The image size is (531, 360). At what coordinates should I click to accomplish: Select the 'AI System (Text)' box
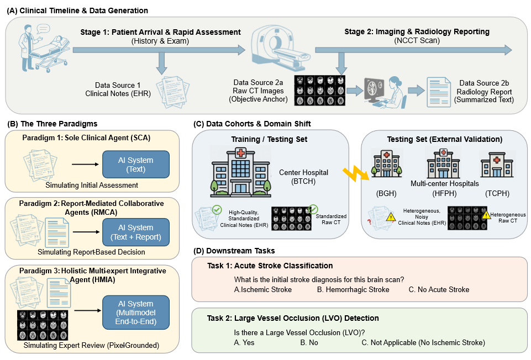(136, 165)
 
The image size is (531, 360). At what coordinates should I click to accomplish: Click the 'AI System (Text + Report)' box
(136, 232)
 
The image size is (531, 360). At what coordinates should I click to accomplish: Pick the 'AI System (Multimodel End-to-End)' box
(136, 313)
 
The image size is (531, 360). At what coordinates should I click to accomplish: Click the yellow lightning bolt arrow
(356, 174)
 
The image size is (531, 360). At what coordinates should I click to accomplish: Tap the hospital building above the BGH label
(386, 164)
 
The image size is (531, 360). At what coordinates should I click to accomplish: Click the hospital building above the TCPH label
(497, 165)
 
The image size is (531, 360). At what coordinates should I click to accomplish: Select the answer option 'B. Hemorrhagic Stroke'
(353, 290)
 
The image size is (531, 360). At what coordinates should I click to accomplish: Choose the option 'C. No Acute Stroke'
(439, 290)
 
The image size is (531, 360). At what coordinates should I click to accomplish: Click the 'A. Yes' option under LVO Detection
(244, 342)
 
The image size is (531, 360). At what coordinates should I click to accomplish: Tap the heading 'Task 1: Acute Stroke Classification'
(270, 266)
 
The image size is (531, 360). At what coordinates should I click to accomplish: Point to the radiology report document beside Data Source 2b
(439, 92)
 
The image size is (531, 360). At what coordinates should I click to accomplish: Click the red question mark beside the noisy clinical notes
(370, 223)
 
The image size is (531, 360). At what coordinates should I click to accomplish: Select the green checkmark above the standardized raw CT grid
(313, 209)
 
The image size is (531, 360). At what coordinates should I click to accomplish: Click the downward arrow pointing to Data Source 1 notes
(161, 63)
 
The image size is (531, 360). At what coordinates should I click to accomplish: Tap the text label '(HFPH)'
(444, 194)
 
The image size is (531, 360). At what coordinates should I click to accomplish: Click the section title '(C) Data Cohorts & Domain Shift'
(252, 124)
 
